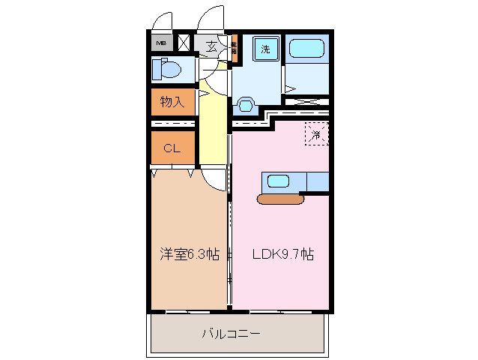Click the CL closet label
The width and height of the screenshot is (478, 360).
click(x=172, y=148)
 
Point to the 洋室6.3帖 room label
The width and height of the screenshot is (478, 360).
click(x=189, y=255)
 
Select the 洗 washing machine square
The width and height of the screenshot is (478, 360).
click(x=264, y=49)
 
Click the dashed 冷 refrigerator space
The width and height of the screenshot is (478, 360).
click(x=317, y=135)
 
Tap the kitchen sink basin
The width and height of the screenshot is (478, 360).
click(x=278, y=181)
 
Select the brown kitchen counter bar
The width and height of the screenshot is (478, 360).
click(x=279, y=199)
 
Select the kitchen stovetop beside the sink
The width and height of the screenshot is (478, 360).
click(x=317, y=181)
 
